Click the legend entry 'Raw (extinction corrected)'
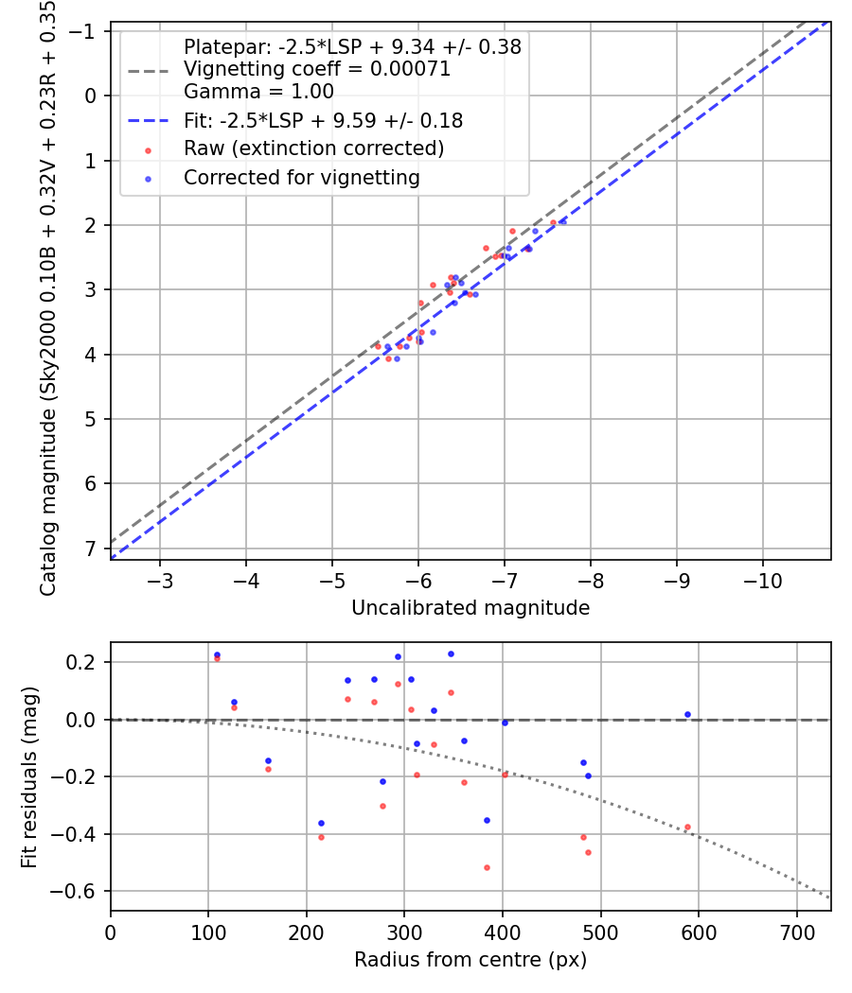(313, 148)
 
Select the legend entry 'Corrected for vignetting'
(301, 177)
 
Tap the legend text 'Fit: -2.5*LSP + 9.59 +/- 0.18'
(323, 121)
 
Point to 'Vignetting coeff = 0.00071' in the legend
(317, 69)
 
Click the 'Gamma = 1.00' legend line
(258, 92)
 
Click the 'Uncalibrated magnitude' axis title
(470, 608)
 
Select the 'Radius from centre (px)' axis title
(470, 960)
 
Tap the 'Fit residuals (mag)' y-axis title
(29, 777)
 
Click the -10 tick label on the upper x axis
(763, 579)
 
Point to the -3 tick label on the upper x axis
(160, 579)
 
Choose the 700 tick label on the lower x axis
(796, 931)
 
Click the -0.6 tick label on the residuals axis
(80, 891)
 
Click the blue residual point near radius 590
(687, 714)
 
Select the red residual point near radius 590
(687, 827)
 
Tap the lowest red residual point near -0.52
(487, 867)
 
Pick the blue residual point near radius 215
(321, 823)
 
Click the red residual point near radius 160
(268, 769)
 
